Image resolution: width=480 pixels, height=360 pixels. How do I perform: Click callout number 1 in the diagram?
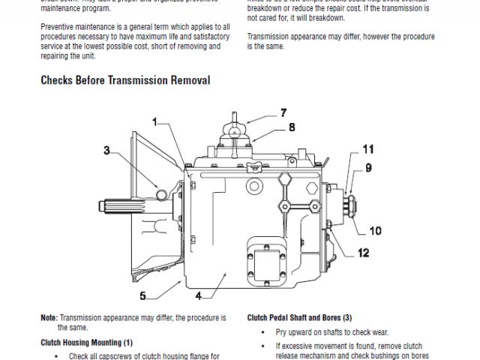[154, 121]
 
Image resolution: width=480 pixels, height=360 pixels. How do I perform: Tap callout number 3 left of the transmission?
[107, 151]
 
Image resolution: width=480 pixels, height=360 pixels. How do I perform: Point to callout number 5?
[142, 295]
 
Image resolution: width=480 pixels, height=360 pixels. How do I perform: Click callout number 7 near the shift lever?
[283, 113]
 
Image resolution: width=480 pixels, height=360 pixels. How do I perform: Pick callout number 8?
[292, 127]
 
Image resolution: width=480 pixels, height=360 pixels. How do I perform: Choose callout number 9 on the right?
[368, 168]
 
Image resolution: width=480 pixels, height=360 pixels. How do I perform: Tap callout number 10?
[374, 231]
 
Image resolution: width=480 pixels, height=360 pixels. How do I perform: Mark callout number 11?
[368, 148]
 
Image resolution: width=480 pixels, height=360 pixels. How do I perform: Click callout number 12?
[363, 253]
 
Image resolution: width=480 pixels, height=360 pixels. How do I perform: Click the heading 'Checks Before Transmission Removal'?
[124, 80]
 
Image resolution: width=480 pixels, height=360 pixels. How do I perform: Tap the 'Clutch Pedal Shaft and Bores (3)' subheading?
[299, 317]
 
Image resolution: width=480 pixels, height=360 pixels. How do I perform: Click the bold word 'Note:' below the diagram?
[49, 317]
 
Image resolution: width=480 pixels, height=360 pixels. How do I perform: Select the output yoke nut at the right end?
[352, 202]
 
